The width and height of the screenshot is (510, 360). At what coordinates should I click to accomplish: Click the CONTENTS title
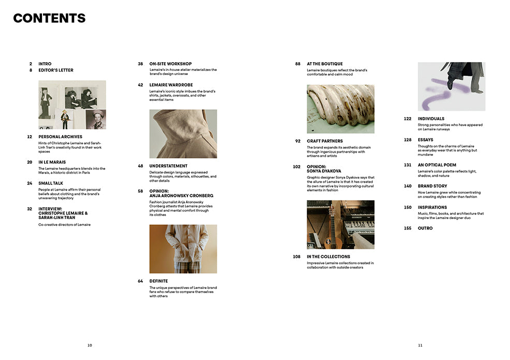(49, 18)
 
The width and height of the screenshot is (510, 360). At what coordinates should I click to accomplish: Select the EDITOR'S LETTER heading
(56, 70)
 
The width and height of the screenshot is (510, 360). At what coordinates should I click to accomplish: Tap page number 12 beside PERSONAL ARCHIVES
(30, 137)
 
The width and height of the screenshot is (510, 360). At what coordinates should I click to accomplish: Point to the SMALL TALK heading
(51, 183)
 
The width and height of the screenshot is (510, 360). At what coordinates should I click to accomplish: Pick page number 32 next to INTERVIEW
(30, 209)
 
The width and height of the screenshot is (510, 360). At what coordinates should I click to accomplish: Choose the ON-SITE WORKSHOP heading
(170, 64)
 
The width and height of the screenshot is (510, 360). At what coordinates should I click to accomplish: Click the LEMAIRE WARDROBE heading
(171, 85)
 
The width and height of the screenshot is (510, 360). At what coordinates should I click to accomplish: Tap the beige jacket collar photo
(183, 134)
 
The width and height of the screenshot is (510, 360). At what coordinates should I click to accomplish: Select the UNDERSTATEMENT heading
(168, 166)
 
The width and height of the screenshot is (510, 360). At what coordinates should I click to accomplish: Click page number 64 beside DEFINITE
(140, 281)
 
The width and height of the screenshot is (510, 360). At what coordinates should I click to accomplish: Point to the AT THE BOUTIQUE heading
(325, 64)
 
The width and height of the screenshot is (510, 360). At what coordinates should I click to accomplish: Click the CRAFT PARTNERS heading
(325, 141)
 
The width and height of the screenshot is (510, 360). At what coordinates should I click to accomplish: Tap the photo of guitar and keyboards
(340, 225)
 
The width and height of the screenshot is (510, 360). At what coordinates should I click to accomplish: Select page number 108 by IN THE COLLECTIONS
(297, 256)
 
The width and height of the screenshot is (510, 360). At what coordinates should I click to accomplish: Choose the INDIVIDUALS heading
(431, 119)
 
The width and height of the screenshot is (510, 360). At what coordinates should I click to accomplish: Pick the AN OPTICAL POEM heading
(437, 165)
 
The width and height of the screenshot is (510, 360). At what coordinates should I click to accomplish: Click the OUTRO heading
(425, 228)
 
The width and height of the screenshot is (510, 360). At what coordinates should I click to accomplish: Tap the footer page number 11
(420, 345)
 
